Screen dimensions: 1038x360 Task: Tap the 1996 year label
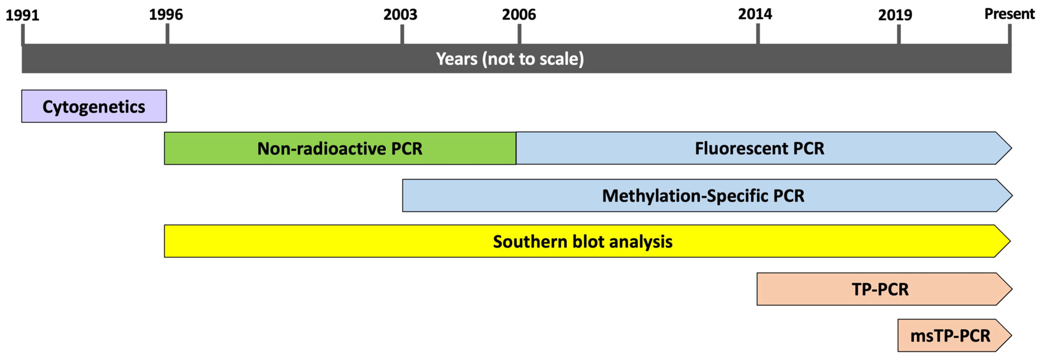pos(166,15)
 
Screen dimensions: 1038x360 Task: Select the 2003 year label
pos(400,15)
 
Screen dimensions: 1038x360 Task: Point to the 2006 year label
pos(519,15)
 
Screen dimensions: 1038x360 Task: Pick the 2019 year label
pos(895,15)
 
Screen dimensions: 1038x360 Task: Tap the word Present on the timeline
pos(1009,14)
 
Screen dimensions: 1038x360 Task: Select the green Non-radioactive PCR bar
pos(340,148)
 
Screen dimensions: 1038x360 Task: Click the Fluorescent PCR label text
pos(760,148)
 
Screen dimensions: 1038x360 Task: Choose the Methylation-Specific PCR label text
pos(703,196)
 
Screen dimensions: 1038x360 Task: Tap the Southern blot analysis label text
pos(583,242)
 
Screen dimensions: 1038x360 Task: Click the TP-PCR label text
pos(880,290)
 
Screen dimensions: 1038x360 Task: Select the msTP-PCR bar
pos(954,335)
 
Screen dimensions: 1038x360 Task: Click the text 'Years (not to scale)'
pos(510,59)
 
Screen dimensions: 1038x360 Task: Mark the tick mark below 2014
pos(758,34)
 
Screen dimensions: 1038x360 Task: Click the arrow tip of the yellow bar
pos(1010,241)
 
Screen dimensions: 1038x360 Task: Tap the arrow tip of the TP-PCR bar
pos(1011,289)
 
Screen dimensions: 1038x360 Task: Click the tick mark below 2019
pos(899,35)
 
